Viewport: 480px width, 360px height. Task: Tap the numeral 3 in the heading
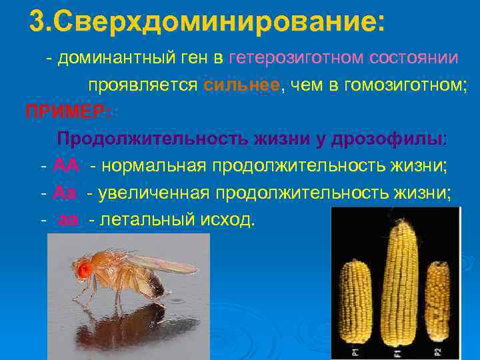[37, 22]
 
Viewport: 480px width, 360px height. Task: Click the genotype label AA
[65, 165]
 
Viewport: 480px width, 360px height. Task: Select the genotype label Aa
[64, 193]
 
